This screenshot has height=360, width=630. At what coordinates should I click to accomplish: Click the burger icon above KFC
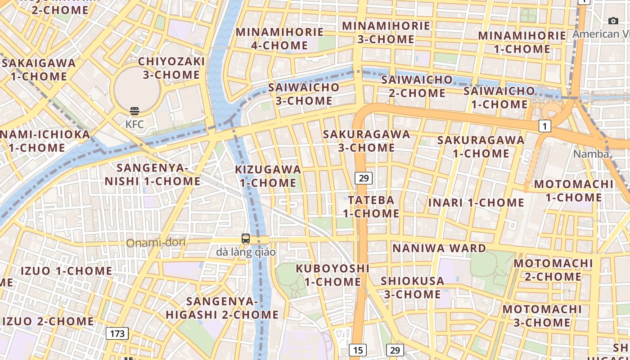pyautogui.click(x=134, y=111)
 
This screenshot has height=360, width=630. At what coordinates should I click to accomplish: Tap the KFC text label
pyautogui.click(x=134, y=124)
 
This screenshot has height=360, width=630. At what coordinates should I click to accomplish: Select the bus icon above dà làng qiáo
pyautogui.click(x=246, y=238)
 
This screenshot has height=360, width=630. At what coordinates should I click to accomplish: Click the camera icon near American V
pyautogui.click(x=613, y=21)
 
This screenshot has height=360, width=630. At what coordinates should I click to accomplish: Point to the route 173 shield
pyautogui.click(x=117, y=333)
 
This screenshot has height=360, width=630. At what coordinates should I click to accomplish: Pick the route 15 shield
pyautogui.click(x=357, y=350)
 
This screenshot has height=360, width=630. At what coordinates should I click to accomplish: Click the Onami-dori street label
pyautogui.click(x=156, y=243)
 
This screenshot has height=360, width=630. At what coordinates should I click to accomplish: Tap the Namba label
pyautogui.click(x=590, y=154)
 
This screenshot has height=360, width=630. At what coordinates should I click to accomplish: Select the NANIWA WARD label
pyautogui.click(x=439, y=248)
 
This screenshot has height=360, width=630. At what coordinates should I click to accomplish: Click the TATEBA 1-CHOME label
pyautogui.click(x=371, y=207)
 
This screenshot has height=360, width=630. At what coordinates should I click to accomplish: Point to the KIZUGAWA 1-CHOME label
pyautogui.click(x=268, y=176)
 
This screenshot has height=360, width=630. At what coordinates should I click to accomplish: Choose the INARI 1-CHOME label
pyautogui.click(x=476, y=202)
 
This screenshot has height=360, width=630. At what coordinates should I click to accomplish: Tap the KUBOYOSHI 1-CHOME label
pyautogui.click(x=333, y=275)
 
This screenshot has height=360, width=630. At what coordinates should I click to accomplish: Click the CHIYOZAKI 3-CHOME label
pyautogui.click(x=171, y=68)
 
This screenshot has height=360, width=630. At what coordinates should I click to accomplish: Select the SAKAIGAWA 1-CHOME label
pyautogui.click(x=39, y=69)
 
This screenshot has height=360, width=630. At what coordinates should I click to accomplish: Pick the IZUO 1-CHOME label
pyautogui.click(x=67, y=271)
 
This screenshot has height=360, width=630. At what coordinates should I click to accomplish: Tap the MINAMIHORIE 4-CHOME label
pyautogui.click(x=279, y=39)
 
